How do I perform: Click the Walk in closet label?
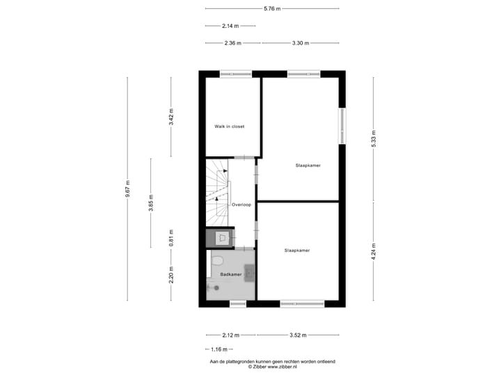[x=229, y=126]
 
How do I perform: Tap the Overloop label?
[x=241, y=205]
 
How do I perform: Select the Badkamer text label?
[x=230, y=275]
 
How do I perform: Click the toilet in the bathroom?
[x=217, y=260]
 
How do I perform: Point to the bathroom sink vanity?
[x=248, y=274]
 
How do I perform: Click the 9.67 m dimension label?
[x=127, y=189]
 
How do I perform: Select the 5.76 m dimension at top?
[x=272, y=8]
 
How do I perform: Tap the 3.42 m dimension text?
[x=171, y=117]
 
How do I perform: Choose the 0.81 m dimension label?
[x=171, y=237]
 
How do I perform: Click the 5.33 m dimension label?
[x=373, y=138]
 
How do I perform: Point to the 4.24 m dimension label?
[x=373, y=250]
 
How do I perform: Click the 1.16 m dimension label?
[x=220, y=349]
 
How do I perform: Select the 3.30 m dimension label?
[x=299, y=43]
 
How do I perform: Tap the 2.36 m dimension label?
[x=232, y=43]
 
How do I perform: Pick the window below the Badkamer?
[x=238, y=303]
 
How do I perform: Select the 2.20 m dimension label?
[x=171, y=274]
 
